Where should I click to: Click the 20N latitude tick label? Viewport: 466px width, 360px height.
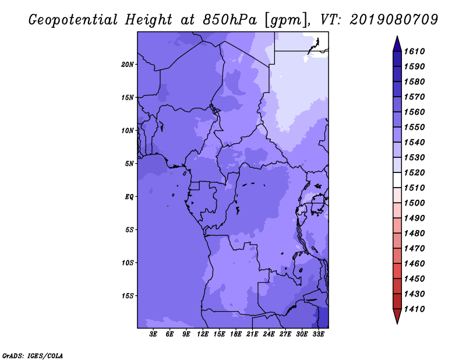(127, 65)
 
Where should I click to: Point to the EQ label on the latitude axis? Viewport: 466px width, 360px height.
(129, 197)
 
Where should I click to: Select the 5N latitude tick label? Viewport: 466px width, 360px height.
(129, 164)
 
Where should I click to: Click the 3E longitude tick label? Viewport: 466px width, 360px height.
(153, 334)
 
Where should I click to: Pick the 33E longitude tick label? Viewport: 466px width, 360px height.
(318, 334)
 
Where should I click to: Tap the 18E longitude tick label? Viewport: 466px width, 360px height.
(236, 334)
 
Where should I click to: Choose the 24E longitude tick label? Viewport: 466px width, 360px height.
(269, 334)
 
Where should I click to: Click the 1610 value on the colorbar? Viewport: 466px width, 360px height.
(414, 51)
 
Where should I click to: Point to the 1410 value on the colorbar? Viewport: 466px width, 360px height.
(414, 309)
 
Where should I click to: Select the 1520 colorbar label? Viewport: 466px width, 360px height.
(414, 172)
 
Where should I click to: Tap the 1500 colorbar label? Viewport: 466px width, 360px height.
(414, 203)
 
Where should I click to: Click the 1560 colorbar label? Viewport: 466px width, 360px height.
(414, 112)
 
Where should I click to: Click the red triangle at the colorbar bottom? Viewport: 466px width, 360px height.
(397, 315)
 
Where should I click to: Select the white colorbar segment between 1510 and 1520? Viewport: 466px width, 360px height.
(397, 180)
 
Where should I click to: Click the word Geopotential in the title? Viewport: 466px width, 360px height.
(73, 20)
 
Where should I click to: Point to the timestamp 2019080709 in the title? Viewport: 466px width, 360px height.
(394, 20)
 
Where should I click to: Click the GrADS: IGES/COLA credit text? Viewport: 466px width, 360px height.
(33, 356)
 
